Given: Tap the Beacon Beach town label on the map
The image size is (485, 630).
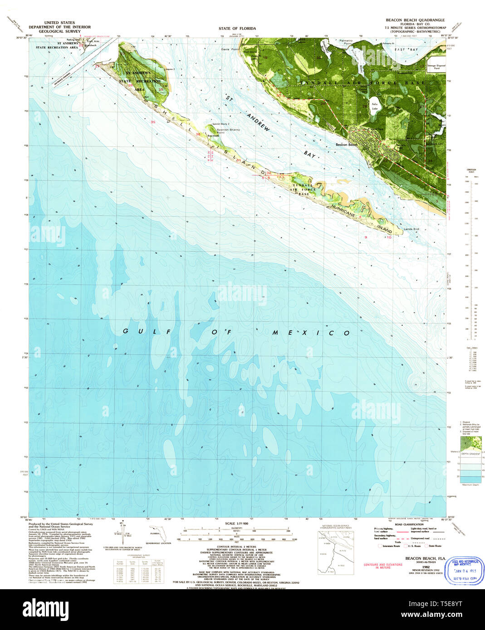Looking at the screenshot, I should (347, 145).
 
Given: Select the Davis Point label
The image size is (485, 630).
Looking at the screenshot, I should (230, 49).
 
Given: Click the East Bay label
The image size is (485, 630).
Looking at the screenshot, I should (406, 49).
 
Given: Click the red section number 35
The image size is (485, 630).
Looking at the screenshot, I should (153, 122).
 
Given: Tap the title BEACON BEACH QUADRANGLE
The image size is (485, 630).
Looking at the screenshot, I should (415, 20).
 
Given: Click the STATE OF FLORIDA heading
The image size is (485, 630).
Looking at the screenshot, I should (237, 28).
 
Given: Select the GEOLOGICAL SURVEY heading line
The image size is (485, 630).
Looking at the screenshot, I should (60, 31).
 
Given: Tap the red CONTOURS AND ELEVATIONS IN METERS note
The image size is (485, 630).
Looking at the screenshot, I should (383, 566).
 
